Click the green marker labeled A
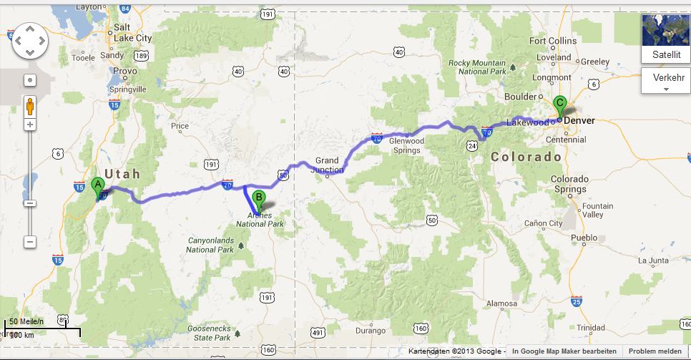tap(98, 185)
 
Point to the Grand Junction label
tap(328, 165)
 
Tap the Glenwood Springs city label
tap(406, 145)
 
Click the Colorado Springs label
tap(569, 183)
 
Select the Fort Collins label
tap(552, 41)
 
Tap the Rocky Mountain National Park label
tap(477, 67)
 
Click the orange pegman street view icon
tap(30, 107)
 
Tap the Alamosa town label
tap(501, 303)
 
